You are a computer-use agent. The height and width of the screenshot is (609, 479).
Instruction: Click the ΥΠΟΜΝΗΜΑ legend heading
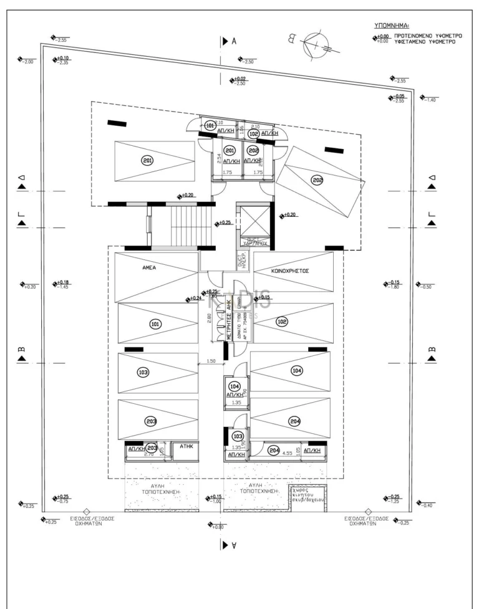tap(391, 26)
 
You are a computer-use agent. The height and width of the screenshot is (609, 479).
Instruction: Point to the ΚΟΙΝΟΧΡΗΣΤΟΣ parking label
tap(291, 272)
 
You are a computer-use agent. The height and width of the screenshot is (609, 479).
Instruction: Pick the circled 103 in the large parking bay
tap(143, 372)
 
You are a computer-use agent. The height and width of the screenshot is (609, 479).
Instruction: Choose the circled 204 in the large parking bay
tap(295, 421)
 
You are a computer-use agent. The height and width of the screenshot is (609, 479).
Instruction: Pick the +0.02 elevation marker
tap(238, 80)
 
